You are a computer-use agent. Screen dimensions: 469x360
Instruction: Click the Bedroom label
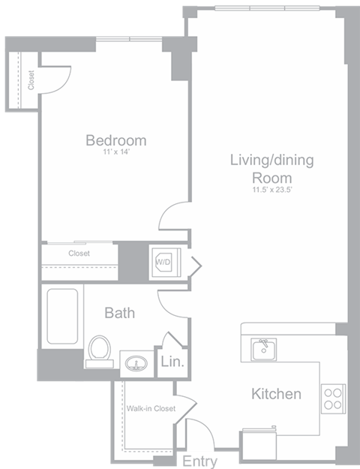click(115, 140)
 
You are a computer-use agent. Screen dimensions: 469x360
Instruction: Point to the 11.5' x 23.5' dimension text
click(271, 190)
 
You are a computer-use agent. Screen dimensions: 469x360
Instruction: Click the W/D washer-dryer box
click(163, 263)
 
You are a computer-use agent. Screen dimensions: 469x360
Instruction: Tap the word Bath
click(119, 312)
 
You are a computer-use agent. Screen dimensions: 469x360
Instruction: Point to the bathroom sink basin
click(136, 365)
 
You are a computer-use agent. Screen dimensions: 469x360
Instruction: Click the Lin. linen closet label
click(172, 362)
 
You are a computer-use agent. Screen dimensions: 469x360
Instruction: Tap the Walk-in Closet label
click(150, 409)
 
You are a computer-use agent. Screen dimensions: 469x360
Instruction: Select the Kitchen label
click(276, 394)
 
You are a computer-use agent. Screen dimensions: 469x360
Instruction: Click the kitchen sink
click(263, 350)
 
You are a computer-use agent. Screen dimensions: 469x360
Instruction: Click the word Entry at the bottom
click(199, 461)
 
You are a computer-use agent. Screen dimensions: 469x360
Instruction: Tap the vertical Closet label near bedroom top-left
click(31, 81)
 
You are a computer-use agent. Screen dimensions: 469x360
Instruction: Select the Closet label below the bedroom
click(79, 254)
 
